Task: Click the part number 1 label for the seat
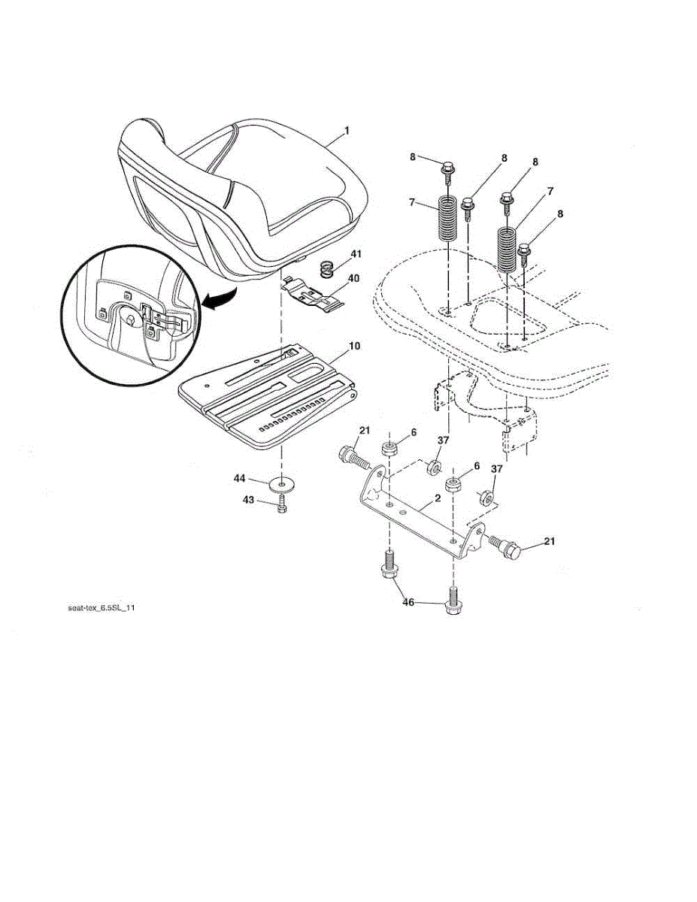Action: pyautogui.click(x=347, y=131)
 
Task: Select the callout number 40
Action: pyautogui.click(x=353, y=278)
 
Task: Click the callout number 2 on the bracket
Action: pyautogui.click(x=438, y=498)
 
